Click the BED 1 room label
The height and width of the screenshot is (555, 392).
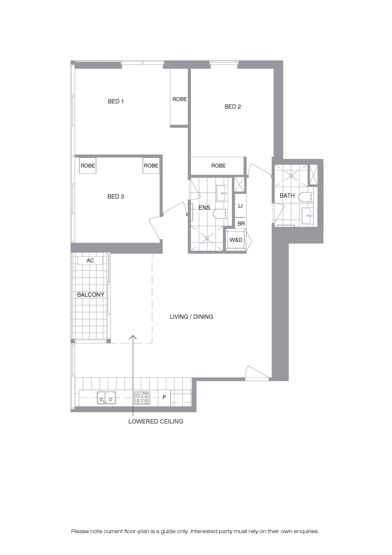point(116,101)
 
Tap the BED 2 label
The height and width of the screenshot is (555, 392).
point(233,106)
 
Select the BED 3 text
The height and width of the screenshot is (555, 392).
point(116,196)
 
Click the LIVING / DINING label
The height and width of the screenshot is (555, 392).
point(191,317)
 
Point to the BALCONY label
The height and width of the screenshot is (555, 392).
point(90,294)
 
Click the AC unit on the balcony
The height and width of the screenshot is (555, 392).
point(90,261)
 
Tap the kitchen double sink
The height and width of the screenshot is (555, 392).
point(106,398)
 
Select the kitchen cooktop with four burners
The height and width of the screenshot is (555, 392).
point(142,398)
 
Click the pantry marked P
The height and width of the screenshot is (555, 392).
point(164,397)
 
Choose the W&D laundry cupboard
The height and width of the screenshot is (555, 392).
point(236,240)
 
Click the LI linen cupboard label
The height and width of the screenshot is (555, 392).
point(240,206)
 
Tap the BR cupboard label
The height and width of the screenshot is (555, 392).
point(241,224)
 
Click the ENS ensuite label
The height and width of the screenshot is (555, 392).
point(204,208)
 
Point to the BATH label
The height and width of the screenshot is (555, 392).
point(287,196)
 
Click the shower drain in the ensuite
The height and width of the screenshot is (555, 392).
point(207,238)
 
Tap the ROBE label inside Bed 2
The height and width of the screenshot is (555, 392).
point(218,165)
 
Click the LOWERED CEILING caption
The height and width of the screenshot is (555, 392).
point(156,421)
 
